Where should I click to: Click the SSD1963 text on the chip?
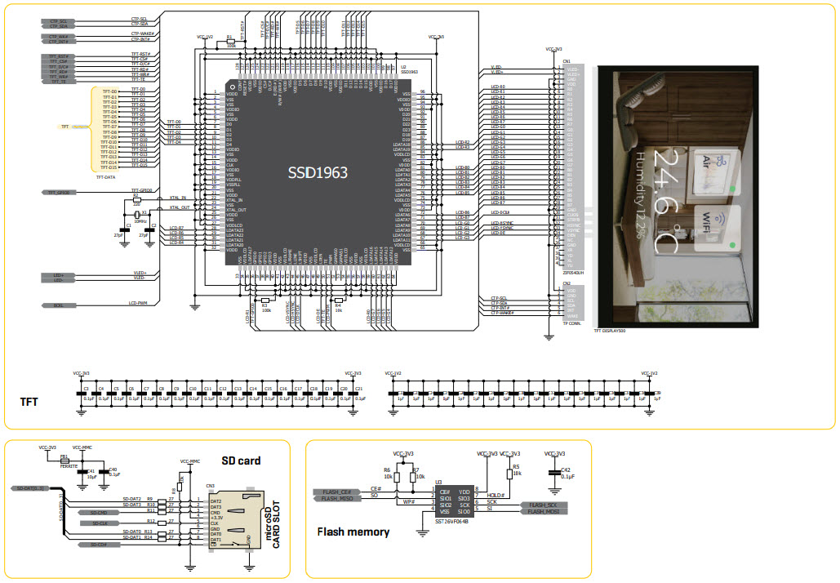pos(318,173)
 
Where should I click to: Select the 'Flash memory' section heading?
pos(353,532)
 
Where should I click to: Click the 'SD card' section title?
pos(242,461)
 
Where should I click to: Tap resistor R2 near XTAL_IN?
pos(137,199)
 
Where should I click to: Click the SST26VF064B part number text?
pos(452,519)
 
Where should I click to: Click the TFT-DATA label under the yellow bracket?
pos(107,176)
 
